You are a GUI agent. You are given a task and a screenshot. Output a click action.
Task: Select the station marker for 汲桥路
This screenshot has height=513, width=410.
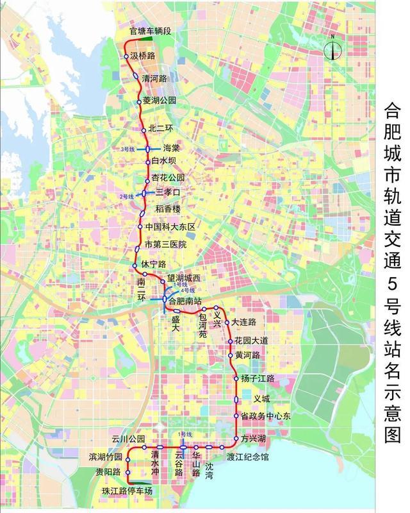127,57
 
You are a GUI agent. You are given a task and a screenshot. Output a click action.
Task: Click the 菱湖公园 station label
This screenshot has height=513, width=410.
160,101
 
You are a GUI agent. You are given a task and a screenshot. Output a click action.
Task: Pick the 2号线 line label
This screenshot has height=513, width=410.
127,196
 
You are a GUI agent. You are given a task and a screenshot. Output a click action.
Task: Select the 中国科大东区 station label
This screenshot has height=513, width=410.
170,227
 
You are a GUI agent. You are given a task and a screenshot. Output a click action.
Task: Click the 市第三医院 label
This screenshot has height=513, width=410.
165,244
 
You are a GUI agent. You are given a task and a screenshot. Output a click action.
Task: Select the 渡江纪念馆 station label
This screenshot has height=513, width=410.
248,457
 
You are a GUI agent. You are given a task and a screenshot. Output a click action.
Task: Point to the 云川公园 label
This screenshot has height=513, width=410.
126,439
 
